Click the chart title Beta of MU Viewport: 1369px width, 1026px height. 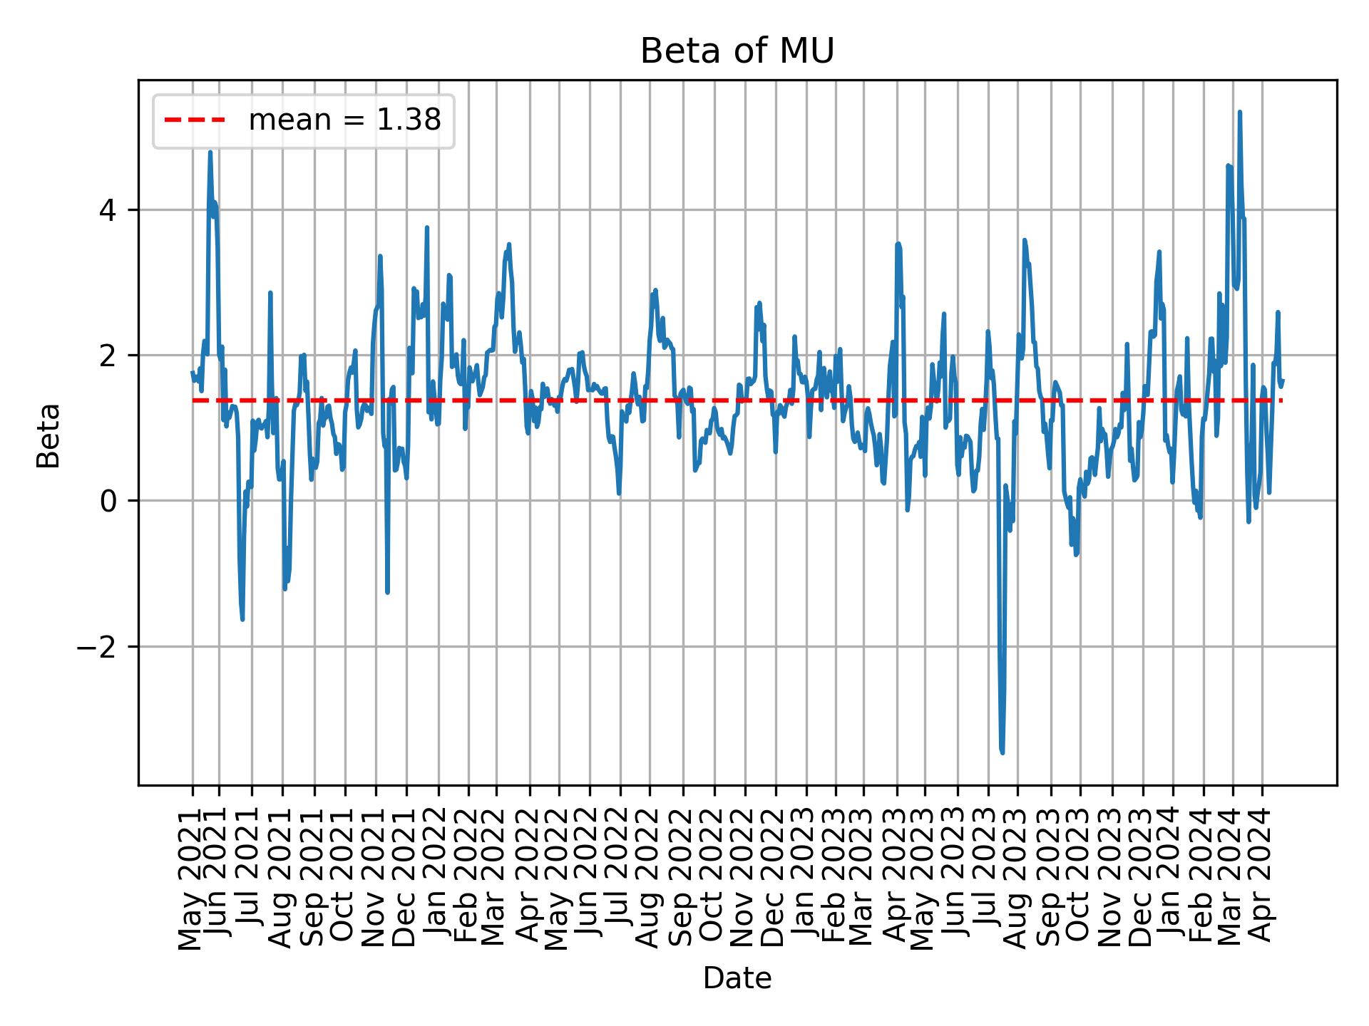coord(737,51)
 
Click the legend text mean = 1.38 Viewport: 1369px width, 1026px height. coord(344,121)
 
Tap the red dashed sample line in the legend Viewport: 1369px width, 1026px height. coord(195,121)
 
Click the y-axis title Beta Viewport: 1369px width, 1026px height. coord(48,435)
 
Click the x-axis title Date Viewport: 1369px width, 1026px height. coord(737,978)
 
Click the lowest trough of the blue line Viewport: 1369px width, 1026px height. coord(1003,752)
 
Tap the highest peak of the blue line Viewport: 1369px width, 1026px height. coord(1240,112)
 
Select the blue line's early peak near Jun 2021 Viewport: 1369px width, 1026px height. coord(210,152)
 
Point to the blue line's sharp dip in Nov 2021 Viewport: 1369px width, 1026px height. coord(387,592)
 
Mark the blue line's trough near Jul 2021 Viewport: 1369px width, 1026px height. coord(242,619)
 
